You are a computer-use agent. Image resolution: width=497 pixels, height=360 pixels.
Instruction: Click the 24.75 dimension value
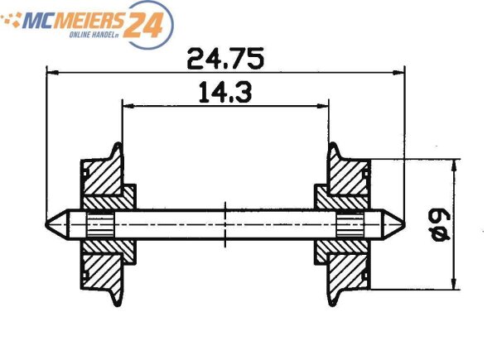pyautogui.click(x=224, y=59)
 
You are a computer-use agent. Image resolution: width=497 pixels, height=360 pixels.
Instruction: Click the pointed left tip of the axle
pyautogui.click(x=48, y=224)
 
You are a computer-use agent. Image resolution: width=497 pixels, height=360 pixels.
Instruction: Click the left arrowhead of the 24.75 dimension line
pyautogui.click(x=51, y=72)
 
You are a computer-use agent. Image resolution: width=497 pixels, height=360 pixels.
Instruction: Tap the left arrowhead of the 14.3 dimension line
pyautogui.click(x=127, y=104)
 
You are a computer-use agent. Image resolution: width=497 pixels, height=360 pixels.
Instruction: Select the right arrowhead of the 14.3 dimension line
pyautogui.click(x=324, y=104)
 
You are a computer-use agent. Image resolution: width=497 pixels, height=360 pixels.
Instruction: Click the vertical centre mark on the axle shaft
pyautogui.click(x=224, y=224)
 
